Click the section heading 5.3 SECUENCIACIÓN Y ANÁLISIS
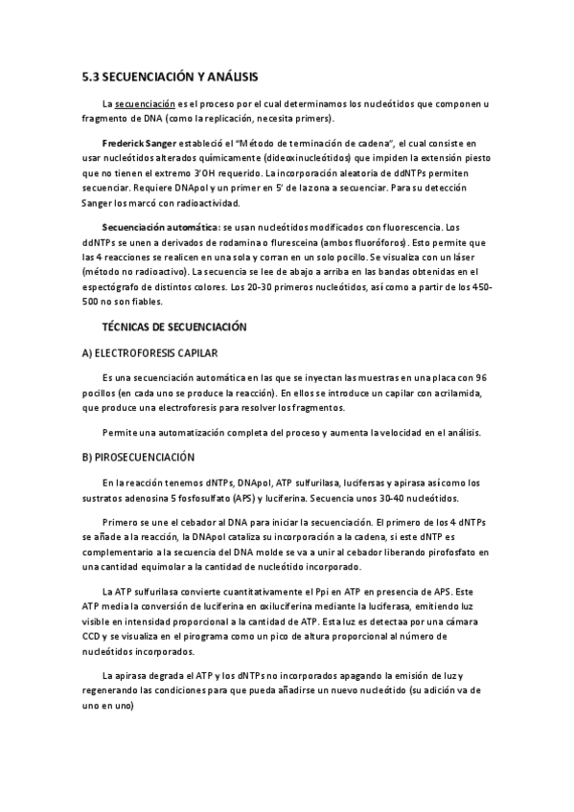(x=170, y=76)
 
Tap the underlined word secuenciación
(x=144, y=102)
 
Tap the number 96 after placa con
(x=481, y=379)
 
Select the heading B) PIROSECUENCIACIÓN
(x=138, y=458)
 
